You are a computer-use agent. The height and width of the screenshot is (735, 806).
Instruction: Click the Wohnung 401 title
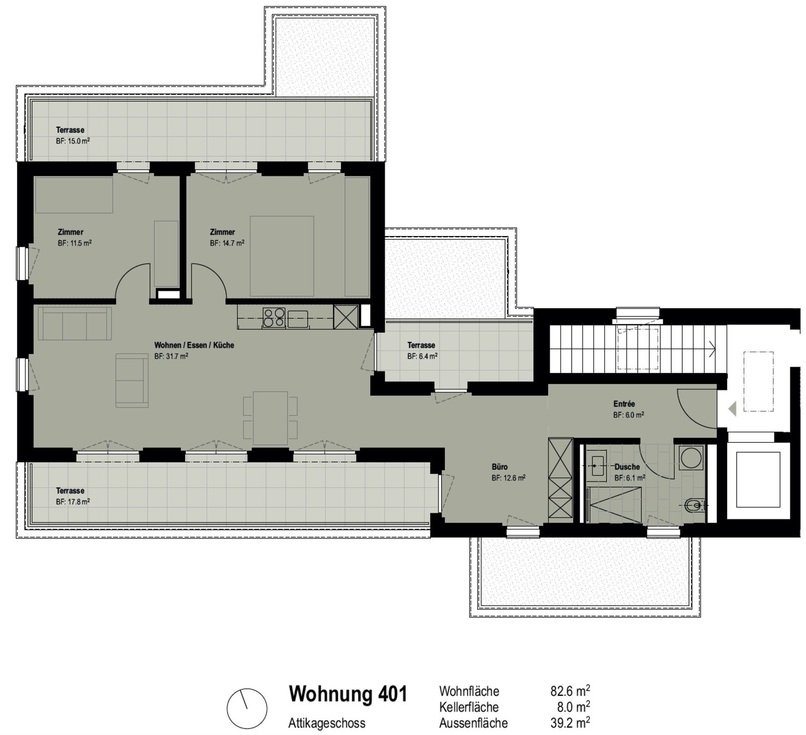point(348,694)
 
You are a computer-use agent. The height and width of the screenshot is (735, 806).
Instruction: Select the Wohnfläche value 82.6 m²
point(570,691)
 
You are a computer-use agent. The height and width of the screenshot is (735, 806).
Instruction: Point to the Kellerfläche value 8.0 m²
point(574,707)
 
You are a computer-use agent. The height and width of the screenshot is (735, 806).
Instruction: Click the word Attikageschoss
point(327,723)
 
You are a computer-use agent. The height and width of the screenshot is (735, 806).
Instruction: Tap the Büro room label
point(499,467)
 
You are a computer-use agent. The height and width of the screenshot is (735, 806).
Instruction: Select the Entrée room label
point(624,404)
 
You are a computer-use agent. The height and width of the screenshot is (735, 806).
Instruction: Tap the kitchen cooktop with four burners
point(274,317)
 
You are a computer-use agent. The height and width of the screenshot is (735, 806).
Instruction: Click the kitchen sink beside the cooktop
point(298,319)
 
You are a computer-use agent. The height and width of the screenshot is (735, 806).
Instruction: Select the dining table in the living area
point(270,418)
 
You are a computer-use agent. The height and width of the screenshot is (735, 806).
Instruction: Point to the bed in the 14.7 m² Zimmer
point(282,256)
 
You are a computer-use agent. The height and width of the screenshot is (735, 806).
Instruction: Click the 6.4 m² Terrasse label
point(422,350)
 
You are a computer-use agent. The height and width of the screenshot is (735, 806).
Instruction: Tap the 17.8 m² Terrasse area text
point(73,502)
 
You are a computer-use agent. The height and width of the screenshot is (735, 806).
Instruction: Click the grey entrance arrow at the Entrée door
point(732,409)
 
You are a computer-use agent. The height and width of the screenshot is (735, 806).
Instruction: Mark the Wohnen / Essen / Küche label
point(194,345)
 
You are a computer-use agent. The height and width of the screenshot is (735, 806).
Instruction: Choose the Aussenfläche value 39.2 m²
point(570,723)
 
